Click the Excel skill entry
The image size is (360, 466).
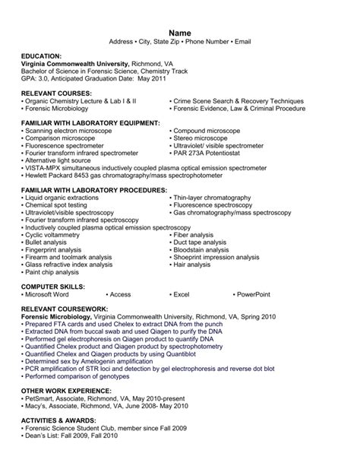pyautogui.click(x=182, y=293)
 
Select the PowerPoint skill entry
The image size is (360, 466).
pyautogui.click(x=255, y=293)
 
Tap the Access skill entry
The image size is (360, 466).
pyautogui.click(x=120, y=293)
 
